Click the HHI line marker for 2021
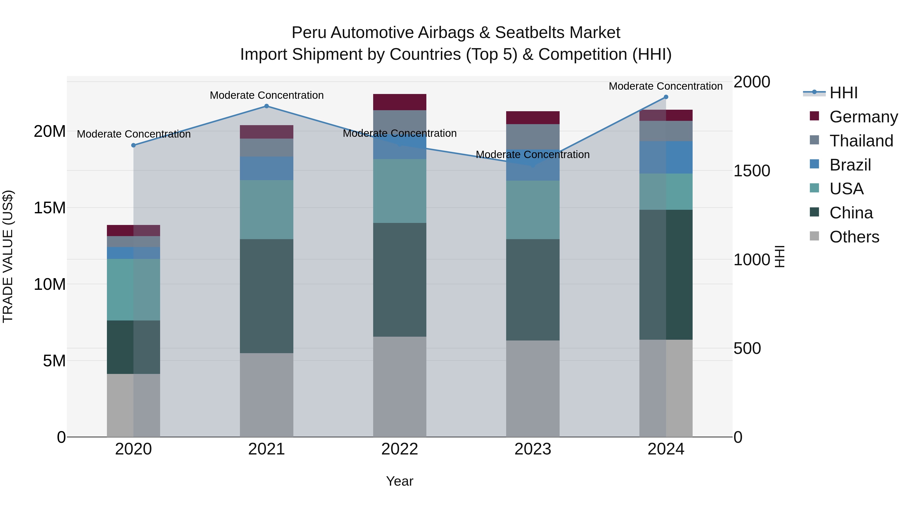[267, 106]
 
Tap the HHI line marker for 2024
[666, 97]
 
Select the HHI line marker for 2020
[134, 145]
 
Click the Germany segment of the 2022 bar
[400, 102]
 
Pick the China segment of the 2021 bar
[267, 296]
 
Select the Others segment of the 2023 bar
[533, 388]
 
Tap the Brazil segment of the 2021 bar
[267, 168]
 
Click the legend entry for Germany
[864, 117]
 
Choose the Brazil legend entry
[850, 165]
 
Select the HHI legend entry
[843, 93]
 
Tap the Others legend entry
[854, 237]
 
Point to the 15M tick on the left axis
[50, 208]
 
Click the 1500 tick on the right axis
[752, 171]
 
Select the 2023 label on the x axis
[533, 449]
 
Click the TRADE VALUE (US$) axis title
[8, 256]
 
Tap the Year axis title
[400, 481]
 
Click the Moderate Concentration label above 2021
[267, 95]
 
